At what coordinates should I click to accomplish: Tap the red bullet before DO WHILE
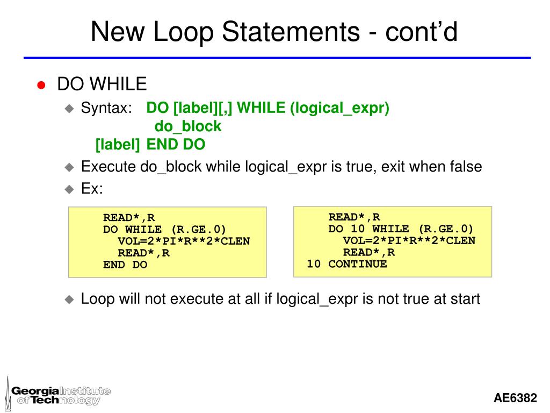pyautogui.click(x=41, y=84)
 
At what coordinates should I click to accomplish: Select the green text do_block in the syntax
pyautogui.click(x=188, y=126)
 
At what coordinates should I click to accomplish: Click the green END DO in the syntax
pyautogui.click(x=176, y=145)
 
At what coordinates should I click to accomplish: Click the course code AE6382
pyautogui.click(x=515, y=398)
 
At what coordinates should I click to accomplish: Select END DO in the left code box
pyautogui.click(x=125, y=265)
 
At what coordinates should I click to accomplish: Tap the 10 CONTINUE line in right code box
pyautogui.click(x=346, y=264)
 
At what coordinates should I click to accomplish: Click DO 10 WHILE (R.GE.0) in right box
pyautogui.click(x=401, y=229)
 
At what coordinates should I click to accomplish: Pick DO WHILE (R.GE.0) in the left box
pyautogui.click(x=165, y=229)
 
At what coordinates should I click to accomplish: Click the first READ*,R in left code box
pyautogui.click(x=129, y=217)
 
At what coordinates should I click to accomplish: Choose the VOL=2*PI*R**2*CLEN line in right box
pyautogui.click(x=409, y=240)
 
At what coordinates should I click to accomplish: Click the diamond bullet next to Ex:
pyautogui.click(x=69, y=189)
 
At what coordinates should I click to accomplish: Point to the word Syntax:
pyautogui.click(x=106, y=108)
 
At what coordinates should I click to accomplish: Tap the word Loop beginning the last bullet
pyautogui.click(x=97, y=299)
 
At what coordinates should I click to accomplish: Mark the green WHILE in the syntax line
pyautogui.click(x=262, y=108)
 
